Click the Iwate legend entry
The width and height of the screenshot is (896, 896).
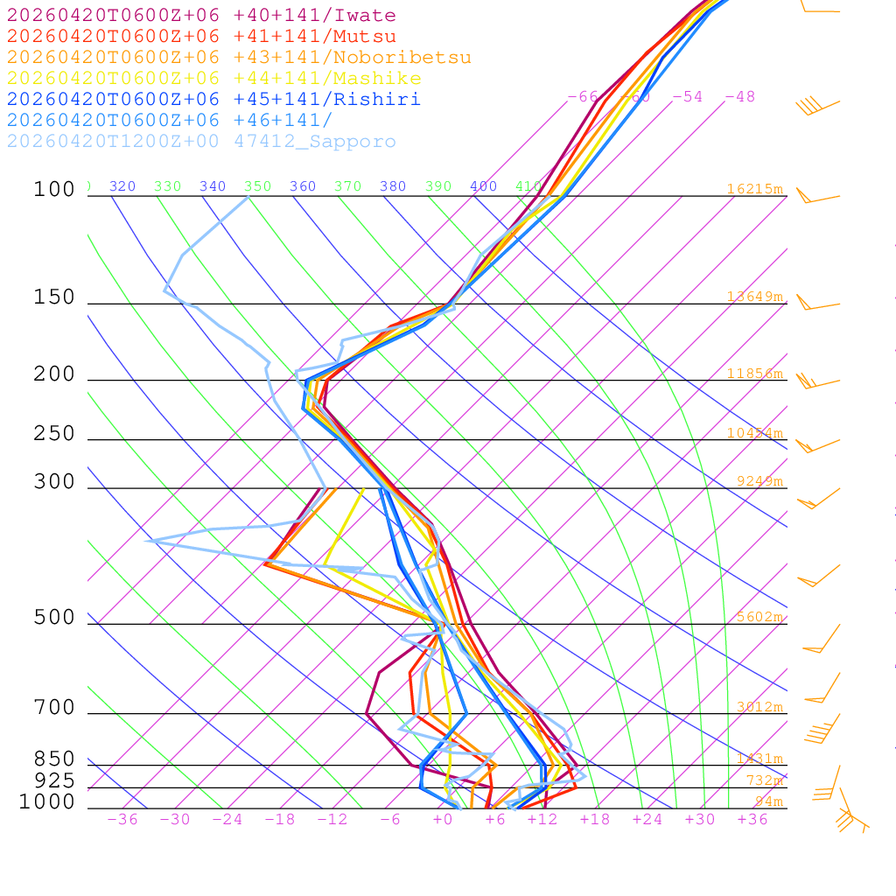pyautogui.click(x=201, y=16)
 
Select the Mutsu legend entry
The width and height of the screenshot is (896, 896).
pyautogui.click(x=201, y=37)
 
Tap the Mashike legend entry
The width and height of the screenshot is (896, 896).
pyautogui.click(x=213, y=79)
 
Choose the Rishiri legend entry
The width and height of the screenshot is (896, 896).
pyautogui.click(x=213, y=100)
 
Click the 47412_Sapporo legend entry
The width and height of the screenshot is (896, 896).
pyautogui.click(x=201, y=142)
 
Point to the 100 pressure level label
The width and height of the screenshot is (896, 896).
pyautogui.click(x=54, y=189)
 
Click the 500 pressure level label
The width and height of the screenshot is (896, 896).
pyautogui.click(x=54, y=618)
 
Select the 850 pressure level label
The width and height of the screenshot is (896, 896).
pyautogui.click(x=54, y=759)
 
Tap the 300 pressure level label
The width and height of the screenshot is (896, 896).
pyautogui.click(x=54, y=482)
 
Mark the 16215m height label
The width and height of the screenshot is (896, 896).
pyautogui.click(x=754, y=189)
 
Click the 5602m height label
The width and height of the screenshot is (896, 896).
pyautogui.click(x=759, y=617)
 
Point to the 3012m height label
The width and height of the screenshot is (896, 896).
pyautogui.click(x=759, y=707)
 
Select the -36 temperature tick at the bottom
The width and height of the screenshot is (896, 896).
pyautogui.click(x=122, y=819)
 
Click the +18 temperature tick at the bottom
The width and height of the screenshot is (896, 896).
pyautogui.click(x=594, y=819)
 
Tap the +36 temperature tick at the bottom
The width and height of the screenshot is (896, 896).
pyautogui.click(x=752, y=819)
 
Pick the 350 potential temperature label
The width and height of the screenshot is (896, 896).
pyautogui.click(x=258, y=186)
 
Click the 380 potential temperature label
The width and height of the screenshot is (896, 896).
pyautogui.click(x=393, y=186)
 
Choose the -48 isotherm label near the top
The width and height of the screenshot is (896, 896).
pyautogui.click(x=739, y=96)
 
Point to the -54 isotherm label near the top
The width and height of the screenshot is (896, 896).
pyautogui.click(x=687, y=96)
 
